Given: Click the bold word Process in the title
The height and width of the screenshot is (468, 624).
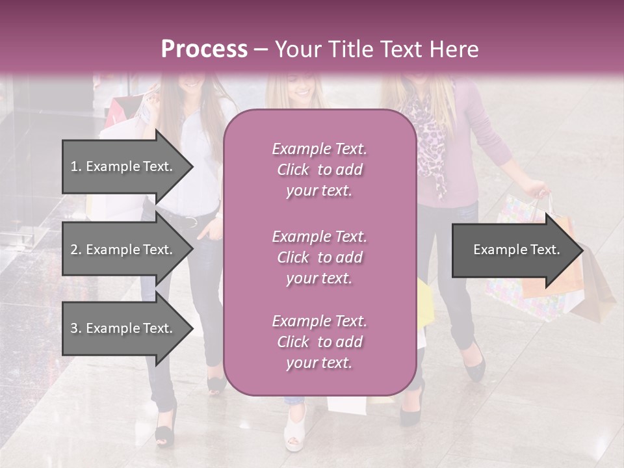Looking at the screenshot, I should tap(204, 49).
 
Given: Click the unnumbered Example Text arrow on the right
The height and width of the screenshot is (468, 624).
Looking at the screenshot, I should tap(516, 250).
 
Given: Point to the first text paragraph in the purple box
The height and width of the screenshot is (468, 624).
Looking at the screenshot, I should tap(319, 170).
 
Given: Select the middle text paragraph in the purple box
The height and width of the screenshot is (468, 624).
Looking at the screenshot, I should tap(319, 257).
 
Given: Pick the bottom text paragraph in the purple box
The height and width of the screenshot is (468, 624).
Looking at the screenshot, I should tap(319, 342).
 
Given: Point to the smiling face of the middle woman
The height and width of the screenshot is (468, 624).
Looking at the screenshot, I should tap(302, 88).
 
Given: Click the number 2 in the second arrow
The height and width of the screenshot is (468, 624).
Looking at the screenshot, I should tap(73, 250).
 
